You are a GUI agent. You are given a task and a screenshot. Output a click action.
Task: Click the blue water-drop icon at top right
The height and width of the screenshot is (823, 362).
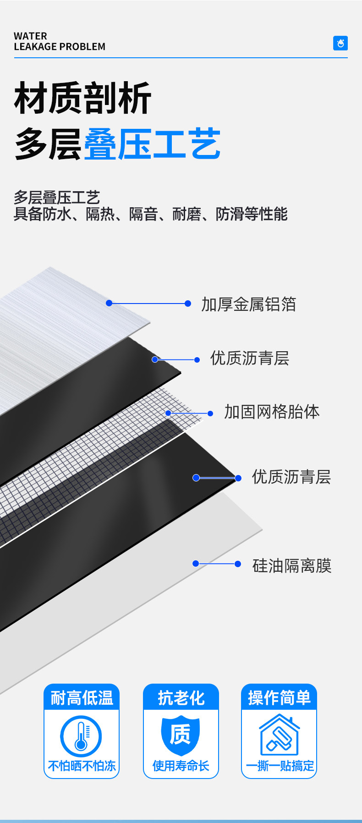(340, 43)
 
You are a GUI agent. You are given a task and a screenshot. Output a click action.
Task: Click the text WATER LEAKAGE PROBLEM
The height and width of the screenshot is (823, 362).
(59, 41)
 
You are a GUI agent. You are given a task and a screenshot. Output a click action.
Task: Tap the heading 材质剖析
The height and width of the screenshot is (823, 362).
(82, 98)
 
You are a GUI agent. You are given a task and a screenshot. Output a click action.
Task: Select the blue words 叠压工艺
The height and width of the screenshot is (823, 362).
(152, 144)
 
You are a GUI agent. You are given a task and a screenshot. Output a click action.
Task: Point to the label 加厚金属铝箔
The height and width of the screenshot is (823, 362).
(249, 304)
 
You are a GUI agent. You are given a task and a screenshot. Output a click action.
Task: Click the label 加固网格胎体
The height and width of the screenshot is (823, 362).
(272, 412)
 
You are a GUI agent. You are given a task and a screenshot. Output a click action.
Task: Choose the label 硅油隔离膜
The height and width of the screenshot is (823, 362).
(292, 565)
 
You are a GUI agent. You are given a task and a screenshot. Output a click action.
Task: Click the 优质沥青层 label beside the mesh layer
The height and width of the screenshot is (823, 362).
(250, 358)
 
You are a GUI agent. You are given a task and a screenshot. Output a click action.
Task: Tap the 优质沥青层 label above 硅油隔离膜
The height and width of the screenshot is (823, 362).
(291, 477)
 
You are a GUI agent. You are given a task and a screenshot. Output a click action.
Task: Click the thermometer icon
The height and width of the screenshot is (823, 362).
(81, 736)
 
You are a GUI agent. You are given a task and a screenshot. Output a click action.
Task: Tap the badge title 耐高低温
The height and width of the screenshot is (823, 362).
(82, 698)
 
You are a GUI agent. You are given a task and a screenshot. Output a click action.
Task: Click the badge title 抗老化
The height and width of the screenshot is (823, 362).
(181, 698)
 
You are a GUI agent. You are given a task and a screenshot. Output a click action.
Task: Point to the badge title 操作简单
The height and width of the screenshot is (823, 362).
(279, 698)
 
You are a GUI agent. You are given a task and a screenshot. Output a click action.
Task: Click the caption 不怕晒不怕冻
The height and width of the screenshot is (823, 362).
(82, 766)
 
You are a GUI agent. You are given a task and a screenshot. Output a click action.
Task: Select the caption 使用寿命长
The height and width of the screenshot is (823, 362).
(181, 766)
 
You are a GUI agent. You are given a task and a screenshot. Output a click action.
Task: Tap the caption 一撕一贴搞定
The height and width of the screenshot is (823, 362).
(280, 766)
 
